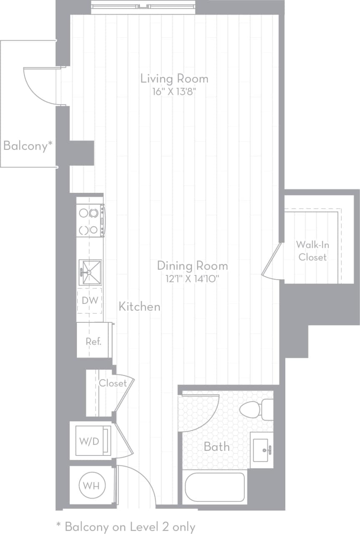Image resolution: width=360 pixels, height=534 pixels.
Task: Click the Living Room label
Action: pos(174,78)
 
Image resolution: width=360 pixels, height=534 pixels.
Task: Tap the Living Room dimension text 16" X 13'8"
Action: pos(174,91)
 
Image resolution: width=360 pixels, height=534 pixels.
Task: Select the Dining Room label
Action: pos(193,266)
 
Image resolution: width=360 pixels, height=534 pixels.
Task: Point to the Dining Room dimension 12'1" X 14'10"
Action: pos(193,278)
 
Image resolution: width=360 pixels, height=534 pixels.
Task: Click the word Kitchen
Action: pos(139,306)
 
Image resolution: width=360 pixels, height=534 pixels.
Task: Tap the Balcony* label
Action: pos(28,146)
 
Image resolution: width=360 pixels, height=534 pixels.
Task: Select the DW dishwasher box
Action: pos(90,301)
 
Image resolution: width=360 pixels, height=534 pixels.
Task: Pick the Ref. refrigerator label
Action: pos(94,341)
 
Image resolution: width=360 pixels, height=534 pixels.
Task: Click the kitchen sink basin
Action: pos(90,272)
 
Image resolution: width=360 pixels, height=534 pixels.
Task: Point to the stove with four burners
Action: pos(89,221)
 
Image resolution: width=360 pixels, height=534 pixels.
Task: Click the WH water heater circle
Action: pos(92,486)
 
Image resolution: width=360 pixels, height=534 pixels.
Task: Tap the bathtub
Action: pos(215,487)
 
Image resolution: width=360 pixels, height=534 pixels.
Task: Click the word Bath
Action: pos(216,447)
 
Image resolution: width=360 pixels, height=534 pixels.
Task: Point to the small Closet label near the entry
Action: pos(113,383)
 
